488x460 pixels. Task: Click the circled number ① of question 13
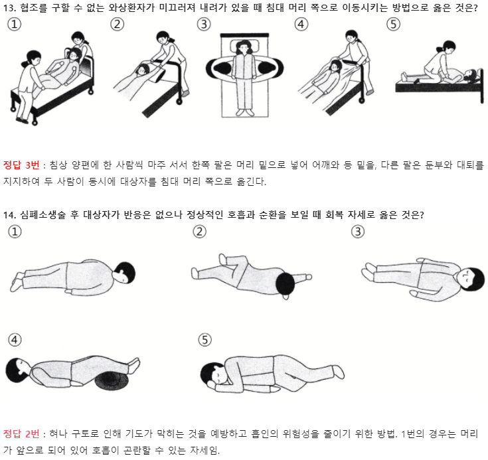(14, 25)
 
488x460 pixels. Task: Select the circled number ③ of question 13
(204, 25)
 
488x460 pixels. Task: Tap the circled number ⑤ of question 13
(393, 25)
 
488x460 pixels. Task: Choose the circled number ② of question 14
(199, 232)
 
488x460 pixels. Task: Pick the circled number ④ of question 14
(15, 340)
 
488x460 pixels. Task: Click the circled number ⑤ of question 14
(204, 340)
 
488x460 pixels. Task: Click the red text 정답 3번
(21, 165)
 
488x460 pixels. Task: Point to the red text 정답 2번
(21, 433)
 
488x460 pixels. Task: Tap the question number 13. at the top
(10, 8)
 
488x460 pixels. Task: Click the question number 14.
(10, 215)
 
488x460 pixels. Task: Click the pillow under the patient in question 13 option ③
(245, 47)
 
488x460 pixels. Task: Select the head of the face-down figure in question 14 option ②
(285, 284)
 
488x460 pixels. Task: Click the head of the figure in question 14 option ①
(125, 273)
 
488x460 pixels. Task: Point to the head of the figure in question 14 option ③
(471, 279)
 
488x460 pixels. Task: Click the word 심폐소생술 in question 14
(43, 215)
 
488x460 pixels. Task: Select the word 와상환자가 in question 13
(131, 8)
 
